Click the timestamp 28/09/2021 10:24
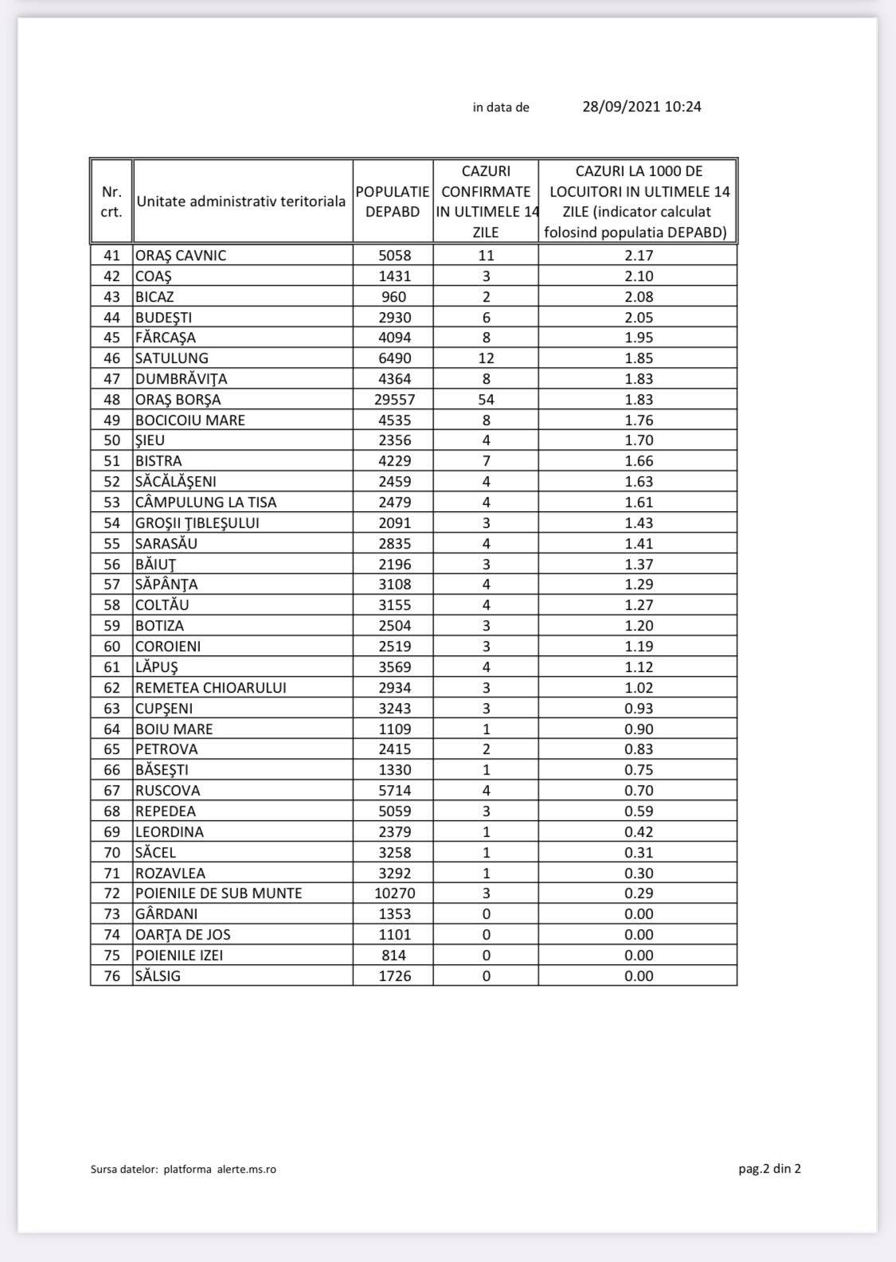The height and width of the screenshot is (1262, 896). click(641, 107)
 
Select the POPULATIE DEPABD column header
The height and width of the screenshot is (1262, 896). click(393, 201)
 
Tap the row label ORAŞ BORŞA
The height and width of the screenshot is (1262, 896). click(178, 400)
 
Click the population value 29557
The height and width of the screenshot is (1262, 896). click(394, 400)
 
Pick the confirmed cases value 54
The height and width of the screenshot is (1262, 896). click(486, 400)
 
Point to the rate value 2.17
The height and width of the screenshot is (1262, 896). click(639, 256)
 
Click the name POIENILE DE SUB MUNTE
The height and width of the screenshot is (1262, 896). click(219, 893)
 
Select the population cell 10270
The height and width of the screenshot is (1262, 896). click(394, 893)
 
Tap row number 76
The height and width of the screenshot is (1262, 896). click(112, 976)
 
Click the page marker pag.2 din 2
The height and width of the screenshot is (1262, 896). click(769, 1169)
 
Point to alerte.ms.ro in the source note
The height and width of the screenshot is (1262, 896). click(247, 1170)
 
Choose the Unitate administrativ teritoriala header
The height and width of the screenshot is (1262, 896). click(241, 201)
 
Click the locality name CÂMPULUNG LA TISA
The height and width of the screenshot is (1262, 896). click(206, 502)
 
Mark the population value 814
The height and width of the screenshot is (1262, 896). click(393, 955)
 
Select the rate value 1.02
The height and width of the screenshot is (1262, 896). click(639, 688)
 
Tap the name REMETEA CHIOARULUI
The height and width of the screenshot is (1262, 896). click(211, 688)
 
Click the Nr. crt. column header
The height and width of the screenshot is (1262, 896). click(112, 201)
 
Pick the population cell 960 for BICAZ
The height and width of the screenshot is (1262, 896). click(393, 297)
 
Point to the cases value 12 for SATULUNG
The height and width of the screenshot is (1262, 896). click(486, 358)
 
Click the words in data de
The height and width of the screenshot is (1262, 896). click(501, 107)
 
